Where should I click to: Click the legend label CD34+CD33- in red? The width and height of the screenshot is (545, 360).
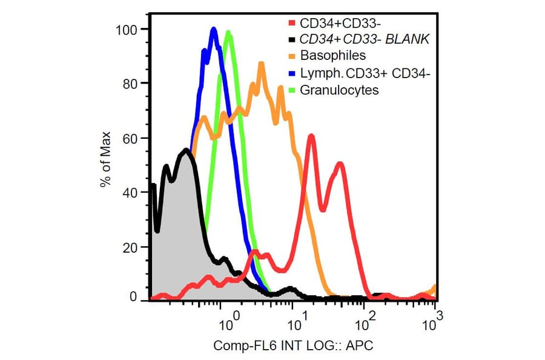tap(333, 24)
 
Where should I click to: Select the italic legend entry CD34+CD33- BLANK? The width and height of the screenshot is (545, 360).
tap(360, 40)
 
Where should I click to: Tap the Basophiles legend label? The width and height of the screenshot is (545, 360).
tap(332, 56)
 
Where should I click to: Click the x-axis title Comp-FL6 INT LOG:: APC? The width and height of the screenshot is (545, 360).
tap(293, 347)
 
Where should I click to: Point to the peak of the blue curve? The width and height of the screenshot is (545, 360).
tap(213, 28)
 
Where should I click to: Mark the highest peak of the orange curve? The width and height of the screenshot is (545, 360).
tap(262, 63)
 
